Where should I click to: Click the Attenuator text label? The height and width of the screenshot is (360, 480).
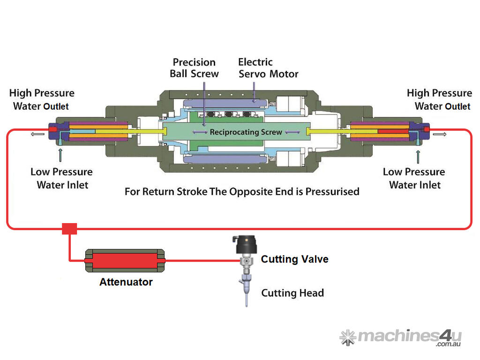pos(126,282)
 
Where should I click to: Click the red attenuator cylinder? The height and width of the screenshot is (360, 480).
pos(125,260)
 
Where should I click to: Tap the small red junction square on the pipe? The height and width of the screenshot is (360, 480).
pos(69,229)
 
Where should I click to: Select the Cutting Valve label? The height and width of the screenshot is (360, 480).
pos(294,259)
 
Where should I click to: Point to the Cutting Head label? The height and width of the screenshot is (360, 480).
pos(292,293)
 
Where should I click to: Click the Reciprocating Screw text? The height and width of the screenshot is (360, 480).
pos(246,132)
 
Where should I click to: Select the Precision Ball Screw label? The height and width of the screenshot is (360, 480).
pos(194,68)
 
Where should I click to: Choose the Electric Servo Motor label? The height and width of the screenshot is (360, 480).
pos(268,68)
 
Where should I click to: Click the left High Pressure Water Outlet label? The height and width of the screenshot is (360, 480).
pos(41,99)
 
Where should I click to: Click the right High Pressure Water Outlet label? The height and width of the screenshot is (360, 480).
pos(440,99)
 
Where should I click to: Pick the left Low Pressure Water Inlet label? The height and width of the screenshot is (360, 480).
pos(61,178)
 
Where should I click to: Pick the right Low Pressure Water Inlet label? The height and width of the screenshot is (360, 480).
pos(414,178)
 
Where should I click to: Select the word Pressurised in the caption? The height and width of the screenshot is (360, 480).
pos(332,192)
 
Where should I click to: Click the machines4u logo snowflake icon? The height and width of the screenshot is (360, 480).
pos(347,337)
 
